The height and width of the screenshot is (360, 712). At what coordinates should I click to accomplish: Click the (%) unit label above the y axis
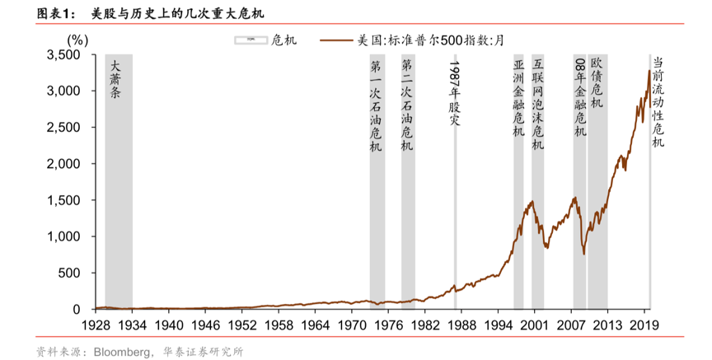pyautogui.click(x=77, y=39)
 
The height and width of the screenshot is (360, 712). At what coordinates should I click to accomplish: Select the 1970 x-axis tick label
pyautogui.click(x=351, y=325)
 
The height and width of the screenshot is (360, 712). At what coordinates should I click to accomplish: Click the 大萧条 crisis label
pyautogui.click(x=116, y=79)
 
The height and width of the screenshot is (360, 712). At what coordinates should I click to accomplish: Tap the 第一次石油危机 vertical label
pyautogui.click(x=376, y=105)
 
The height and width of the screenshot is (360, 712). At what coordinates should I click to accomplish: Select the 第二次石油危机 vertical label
pyautogui.click(x=407, y=105)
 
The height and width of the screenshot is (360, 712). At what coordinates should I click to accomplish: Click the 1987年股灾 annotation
pyautogui.click(x=454, y=92)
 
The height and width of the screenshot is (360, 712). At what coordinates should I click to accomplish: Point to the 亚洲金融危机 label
pyautogui.click(x=518, y=98)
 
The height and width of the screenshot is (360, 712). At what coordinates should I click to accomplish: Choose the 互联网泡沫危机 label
pyautogui.click(x=537, y=104)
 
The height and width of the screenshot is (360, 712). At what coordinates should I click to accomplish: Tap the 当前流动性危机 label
pyautogui.click(x=658, y=102)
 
